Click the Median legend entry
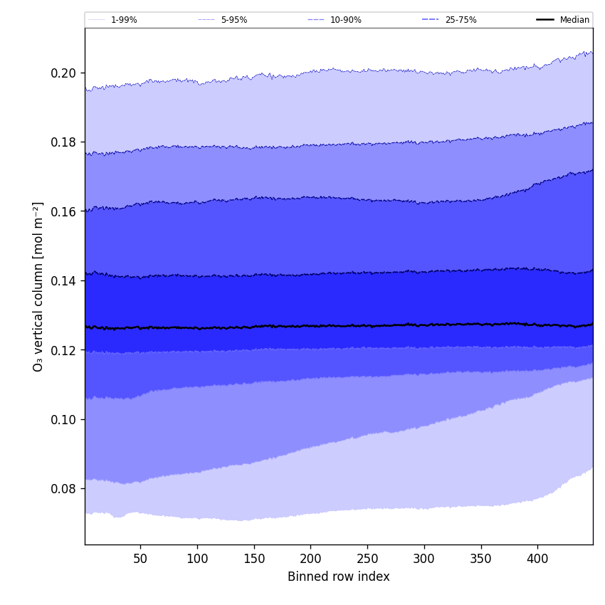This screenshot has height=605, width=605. (x=574, y=20)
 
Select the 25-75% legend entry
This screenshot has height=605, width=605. (x=461, y=20)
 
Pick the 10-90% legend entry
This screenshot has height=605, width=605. (x=345, y=20)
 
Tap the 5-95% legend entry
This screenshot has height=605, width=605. (x=233, y=20)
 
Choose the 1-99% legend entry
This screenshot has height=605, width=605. (x=124, y=20)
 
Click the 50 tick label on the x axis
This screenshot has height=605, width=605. (x=140, y=559)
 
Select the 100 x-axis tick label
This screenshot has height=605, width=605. (x=197, y=559)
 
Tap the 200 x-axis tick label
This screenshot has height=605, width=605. (x=310, y=559)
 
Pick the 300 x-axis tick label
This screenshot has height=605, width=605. (x=424, y=559)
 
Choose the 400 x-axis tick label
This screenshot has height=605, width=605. (x=537, y=559)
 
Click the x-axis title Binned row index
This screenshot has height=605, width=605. (x=339, y=577)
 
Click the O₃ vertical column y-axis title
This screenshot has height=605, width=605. (x=38, y=286)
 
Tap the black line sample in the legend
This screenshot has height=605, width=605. (x=545, y=20)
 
